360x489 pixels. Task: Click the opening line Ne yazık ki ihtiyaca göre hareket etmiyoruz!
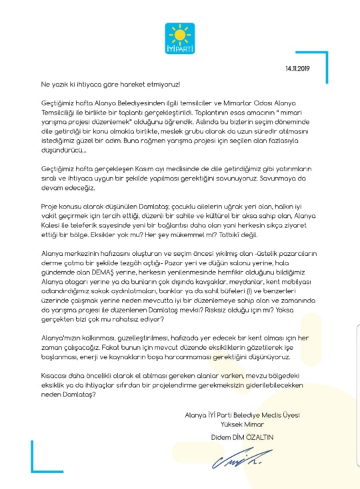(110, 85)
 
